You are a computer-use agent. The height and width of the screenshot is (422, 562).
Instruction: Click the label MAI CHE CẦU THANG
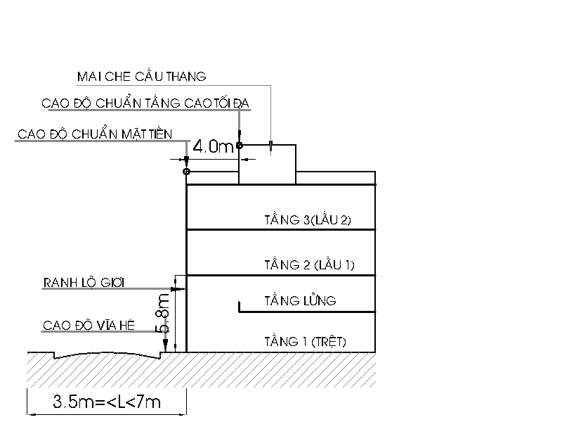(142, 76)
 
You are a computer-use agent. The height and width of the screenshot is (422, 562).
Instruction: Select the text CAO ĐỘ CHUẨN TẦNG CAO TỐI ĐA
(145, 103)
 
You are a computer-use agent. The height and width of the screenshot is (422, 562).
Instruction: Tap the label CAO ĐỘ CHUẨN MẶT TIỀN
(95, 134)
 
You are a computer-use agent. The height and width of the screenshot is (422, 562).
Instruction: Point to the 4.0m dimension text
(213, 146)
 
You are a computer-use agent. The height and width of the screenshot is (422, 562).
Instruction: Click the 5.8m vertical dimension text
(162, 312)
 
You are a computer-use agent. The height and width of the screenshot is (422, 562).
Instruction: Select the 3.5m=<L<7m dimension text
(107, 402)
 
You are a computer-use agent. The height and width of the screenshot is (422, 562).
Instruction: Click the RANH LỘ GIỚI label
(84, 283)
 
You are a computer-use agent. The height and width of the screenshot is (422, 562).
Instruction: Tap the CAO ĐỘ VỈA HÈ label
(89, 325)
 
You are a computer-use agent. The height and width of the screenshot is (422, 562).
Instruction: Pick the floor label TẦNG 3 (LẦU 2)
(308, 219)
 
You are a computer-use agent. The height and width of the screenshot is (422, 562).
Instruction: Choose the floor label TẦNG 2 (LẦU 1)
(309, 265)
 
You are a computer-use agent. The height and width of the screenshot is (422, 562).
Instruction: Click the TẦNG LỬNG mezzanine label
(301, 300)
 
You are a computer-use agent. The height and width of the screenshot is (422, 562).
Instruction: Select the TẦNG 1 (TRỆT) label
(306, 341)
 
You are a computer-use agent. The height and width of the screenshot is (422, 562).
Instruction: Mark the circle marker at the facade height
(186, 172)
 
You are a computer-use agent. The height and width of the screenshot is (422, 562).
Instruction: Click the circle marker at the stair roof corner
(239, 146)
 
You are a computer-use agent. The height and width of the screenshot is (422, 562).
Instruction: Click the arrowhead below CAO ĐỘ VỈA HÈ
(165, 345)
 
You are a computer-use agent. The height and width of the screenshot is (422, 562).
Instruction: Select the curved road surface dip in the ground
(107, 355)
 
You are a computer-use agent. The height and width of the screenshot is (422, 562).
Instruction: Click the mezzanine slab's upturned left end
(240, 307)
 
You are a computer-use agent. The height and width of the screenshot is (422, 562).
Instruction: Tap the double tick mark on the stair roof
(270, 146)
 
